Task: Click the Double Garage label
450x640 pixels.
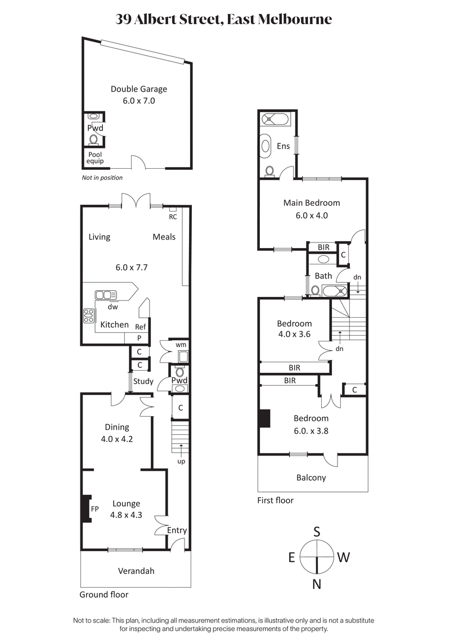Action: pyautogui.click(x=138, y=89)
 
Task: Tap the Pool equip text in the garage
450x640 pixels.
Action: pyautogui.click(x=95, y=158)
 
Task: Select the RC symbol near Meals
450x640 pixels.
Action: pyautogui.click(x=173, y=216)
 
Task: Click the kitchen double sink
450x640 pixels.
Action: pyautogui.click(x=105, y=295)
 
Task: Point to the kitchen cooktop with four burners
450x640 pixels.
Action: pyautogui.click(x=89, y=316)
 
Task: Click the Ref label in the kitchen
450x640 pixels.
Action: pyautogui.click(x=141, y=327)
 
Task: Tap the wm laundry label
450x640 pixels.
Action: pyautogui.click(x=181, y=344)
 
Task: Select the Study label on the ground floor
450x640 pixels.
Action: pyautogui.click(x=143, y=381)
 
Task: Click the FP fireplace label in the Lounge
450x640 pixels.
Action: pyautogui.click(x=95, y=508)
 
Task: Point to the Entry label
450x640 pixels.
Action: pyautogui.click(x=177, y=530)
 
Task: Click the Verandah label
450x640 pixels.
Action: pyautogui.click(x=136, y=571)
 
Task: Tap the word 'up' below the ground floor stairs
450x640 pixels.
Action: pyautogui.click(x=181, y=461)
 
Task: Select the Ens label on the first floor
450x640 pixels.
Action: pyautogui.click(x=283, y=146)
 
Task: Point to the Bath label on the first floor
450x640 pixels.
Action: pyautogui.click(x=323, y=276)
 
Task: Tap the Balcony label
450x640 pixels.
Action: pyautogui.click(x=311, y=477)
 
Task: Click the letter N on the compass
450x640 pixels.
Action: pyautogui.click(x=317, y=584)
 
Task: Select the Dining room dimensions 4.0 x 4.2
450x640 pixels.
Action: pyautogui.click(x=117, y=439)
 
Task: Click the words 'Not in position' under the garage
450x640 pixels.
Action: pyautogui.click(x=102, y=178)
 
